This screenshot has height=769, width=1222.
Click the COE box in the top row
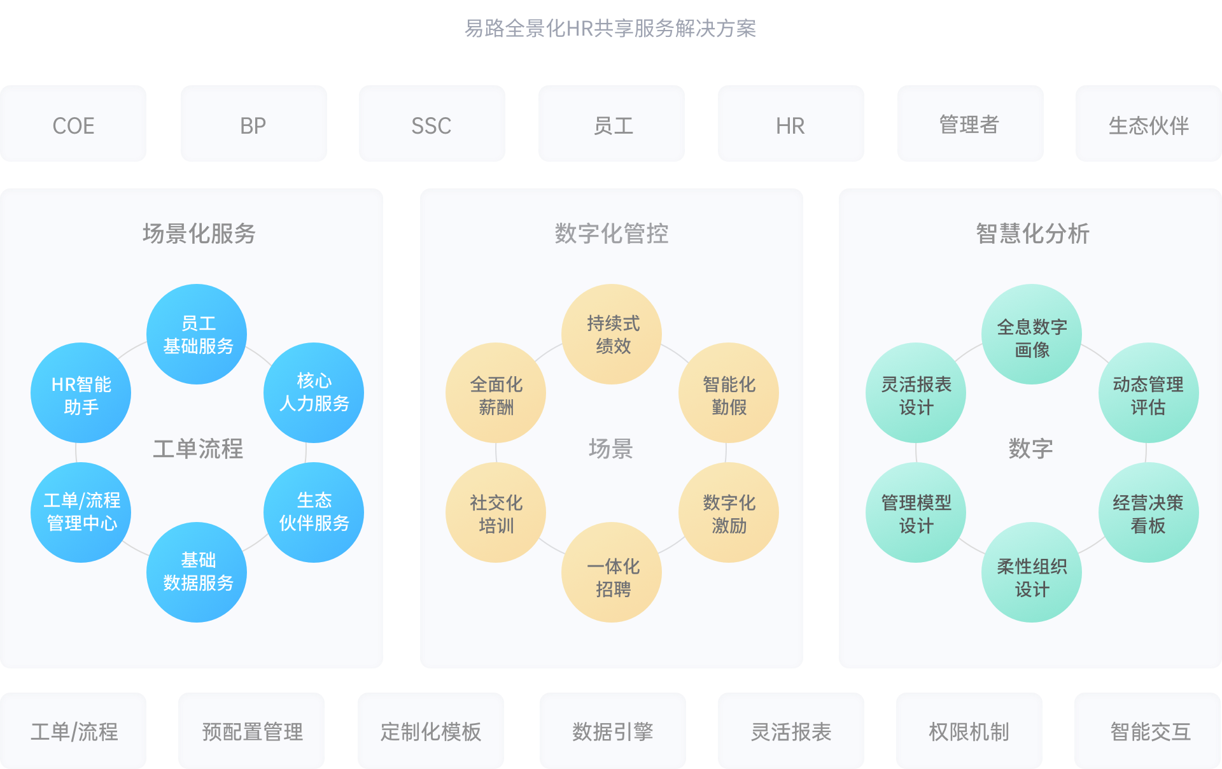point(73,124)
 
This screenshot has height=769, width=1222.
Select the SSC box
point(432,124)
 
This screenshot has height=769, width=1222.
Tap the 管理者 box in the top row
point(970,124)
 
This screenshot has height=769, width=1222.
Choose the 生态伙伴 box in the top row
point(1148,124)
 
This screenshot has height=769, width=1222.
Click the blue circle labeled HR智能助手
point(81,393)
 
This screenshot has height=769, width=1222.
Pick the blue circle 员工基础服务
point(197,334)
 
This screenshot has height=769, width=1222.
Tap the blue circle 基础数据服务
point(197,572)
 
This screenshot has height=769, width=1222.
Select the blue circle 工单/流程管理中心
point(81,512)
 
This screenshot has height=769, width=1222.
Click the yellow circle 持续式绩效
point(612,334)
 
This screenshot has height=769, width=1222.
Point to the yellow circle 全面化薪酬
point(496,393)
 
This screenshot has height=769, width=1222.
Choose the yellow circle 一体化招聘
point(612,572)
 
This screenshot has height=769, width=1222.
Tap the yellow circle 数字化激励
point(729,513)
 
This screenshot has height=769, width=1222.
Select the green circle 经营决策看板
point(1148,513)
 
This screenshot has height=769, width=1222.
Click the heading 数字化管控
point(611,234)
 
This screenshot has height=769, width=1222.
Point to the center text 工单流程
point(198,449)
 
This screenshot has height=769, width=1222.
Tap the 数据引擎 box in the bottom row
point(612,731)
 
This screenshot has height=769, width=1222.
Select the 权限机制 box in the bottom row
point(969,731)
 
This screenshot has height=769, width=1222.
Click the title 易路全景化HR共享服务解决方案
point(610,29)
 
